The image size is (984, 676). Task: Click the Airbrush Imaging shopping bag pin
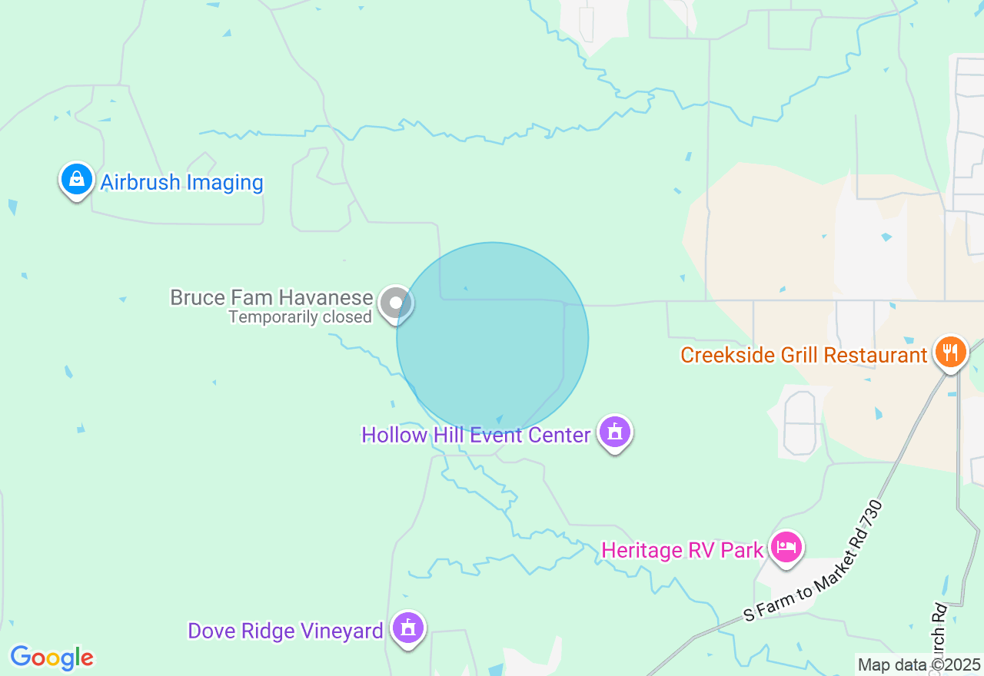point(76,180)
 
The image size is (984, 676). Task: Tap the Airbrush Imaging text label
point(182,183)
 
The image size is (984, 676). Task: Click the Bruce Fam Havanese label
point(271,297)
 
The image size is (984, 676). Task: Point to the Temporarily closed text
point(300,316)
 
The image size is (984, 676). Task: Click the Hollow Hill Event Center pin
point(614,432)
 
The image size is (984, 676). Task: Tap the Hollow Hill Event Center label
point(476,435)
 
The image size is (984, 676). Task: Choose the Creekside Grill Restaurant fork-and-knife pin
point(951,352)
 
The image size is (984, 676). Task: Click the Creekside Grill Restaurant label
point(804,355)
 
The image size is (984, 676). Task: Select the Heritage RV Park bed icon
point(786,548)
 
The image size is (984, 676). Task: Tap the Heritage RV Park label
point(683,550)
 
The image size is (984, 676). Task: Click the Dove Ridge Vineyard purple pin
point(408,628)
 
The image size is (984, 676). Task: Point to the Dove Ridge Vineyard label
point(285,631)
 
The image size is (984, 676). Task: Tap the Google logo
point(52,658)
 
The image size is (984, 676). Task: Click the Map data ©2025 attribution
point(919,664)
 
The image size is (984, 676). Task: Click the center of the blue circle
point(493,338)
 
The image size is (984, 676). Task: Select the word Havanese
point(326,297)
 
